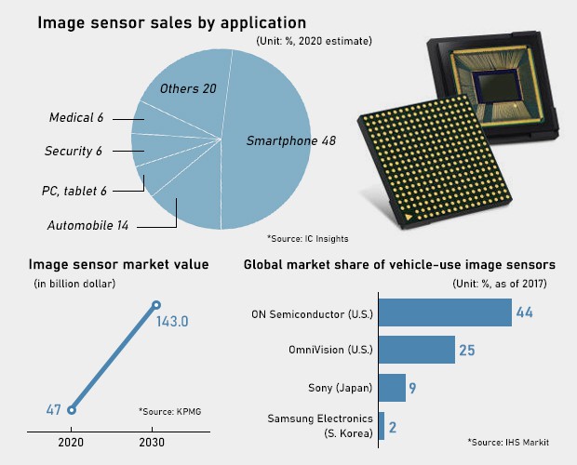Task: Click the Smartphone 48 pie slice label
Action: pyautogui.click(x=290, y=140)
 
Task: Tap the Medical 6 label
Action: pyautogui.click(x=76, y=118)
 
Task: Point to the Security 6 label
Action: pyautogui.click(x=73, y=151)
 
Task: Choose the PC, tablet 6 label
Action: pyautogui.click(x=74, y=191)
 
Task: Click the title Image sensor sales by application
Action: pyautogui.click(x=172, y=21)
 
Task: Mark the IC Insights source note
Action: pyautogui.click(x=307, y=237)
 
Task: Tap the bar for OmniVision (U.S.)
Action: pyautogui.click(x=416, y=350)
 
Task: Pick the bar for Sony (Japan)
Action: pyautogui.click(x=392, y=386)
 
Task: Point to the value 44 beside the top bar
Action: pyautogui.click(x=524, y=313)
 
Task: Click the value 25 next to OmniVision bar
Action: pyautogui.click(x=467, y=351)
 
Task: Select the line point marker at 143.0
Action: pyautogui.click(x=156, y=305)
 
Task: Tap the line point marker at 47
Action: pyautogui.click(x=72, y=408)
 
